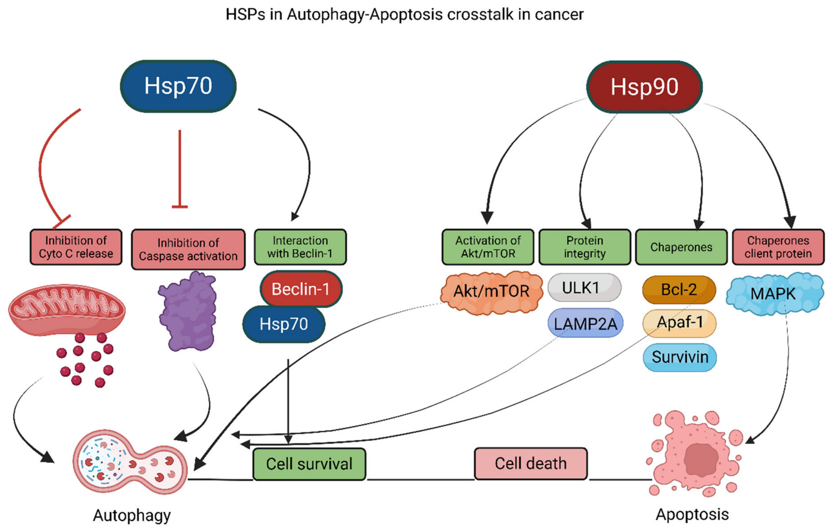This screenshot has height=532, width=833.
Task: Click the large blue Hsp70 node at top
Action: tap(178, 86)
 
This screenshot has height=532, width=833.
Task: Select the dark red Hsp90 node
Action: tap(644, 86)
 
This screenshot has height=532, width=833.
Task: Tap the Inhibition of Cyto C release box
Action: tap(76, 247)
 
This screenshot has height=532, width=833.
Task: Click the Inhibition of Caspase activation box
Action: tap(188, 249)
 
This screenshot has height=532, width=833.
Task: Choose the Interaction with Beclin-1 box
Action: tap(300, 247)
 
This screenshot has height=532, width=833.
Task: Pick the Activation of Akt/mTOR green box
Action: tap(488, 247)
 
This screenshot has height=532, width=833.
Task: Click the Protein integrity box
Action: tap(585, 247)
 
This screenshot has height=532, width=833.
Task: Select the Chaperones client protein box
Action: tap(778, 247)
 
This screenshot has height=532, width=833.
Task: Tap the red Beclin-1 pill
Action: tap(301, 289)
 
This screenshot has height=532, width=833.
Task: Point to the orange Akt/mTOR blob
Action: tap(491, 292)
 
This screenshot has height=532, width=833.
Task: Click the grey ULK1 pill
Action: tap(584, 288)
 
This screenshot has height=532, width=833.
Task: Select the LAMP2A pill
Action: tap(585, 323)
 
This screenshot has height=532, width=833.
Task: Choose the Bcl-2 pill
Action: tap(679, 289)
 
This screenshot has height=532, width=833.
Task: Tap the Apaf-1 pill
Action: tap(679, 323)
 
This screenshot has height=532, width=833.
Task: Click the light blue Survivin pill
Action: tap(680, 357)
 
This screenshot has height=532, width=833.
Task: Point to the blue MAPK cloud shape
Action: tap(775, 294)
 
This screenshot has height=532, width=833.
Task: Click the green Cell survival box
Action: tap(309, 464)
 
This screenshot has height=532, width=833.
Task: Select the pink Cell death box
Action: tap(531, 463)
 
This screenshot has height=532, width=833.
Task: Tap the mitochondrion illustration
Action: tap(67, 309)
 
